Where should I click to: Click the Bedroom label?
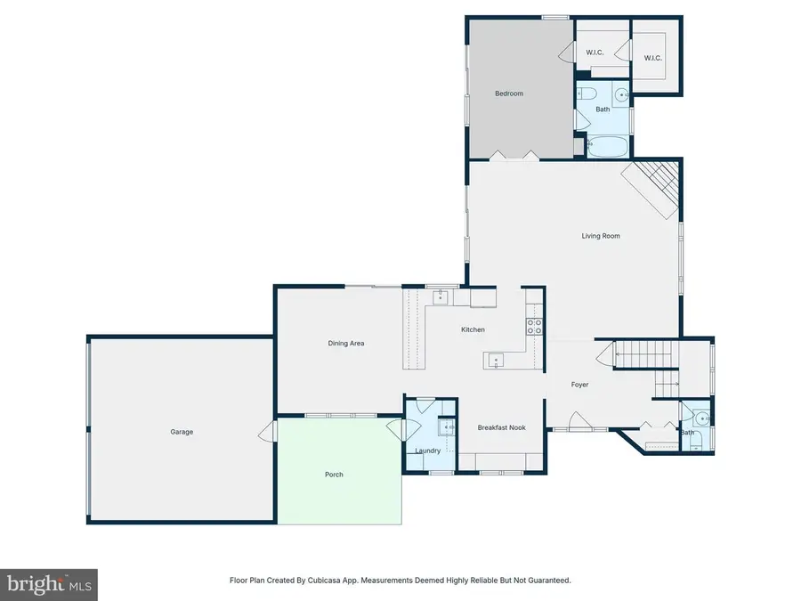pyautogui.click(x=509, y=93)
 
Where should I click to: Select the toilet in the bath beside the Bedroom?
pyautogui.click(x=587, y=93)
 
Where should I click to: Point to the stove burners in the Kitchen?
pyautogui.click(x=535, y=326)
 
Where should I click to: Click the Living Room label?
pyautogui.click(x=601, y=236)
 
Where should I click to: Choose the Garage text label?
pyautogui.click(x=182, y=432)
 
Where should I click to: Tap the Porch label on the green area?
pyautogui.click(x=334, y=475)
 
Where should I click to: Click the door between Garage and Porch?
pyautogui.click(x=265, y=434)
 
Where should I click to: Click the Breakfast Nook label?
pyautogui.click(x=501, y=427)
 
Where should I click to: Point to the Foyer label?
pyautogui.click(x=579, y=385)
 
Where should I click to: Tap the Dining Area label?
pyautogui.click(x=346, y=344)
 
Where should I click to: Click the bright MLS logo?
pyautogui.click(x=48, y=584)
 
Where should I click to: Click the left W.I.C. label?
pyautogui.click(x=595, y=53)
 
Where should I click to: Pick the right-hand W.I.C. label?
pyautogui.click(x=654, y=59)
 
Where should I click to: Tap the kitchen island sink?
pyautogui.click(x=496, y=360)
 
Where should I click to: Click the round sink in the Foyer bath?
pyautogui.click(x=702, y=417)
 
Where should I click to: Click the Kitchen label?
pyautogui.click(x=473, y=330)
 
